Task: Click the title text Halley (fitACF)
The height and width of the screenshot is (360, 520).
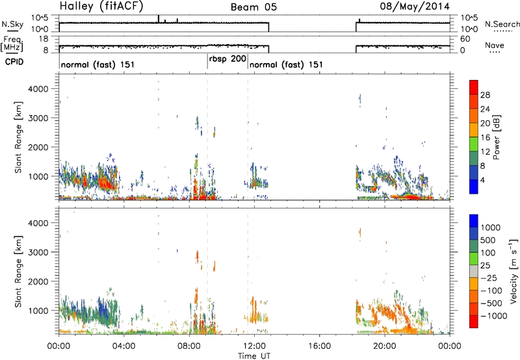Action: (101, 6)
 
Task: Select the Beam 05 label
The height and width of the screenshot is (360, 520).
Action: (253, 7)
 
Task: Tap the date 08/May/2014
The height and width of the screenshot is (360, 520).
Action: (415, 6)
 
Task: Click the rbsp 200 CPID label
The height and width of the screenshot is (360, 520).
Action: (227, 59)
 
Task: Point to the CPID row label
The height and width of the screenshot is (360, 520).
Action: (14, 62)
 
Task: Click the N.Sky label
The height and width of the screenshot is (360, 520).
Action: (12, 24)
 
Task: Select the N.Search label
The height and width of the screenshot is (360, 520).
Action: (502, 24)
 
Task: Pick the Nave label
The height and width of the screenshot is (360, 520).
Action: (495, 45)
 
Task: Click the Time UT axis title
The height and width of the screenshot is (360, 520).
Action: (254, 356)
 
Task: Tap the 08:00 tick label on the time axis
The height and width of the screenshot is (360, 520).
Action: (189, 346)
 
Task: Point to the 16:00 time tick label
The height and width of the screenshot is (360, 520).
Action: (319, 346)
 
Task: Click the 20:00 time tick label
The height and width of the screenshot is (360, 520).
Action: (385, 346)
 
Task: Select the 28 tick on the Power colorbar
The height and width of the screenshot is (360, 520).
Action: (485, 95)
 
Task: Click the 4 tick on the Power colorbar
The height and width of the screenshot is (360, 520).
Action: (483, 180)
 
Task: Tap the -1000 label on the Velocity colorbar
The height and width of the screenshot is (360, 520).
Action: (494, 316)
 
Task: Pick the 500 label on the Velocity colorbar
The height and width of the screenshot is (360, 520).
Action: (487, 240)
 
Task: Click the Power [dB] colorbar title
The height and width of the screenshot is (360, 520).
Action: (497, 137)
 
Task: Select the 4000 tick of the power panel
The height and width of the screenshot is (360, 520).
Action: (39, 89)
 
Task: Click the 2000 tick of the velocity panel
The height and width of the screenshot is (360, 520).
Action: (39, 281)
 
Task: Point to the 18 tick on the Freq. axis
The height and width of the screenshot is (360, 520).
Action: (44, 39)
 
